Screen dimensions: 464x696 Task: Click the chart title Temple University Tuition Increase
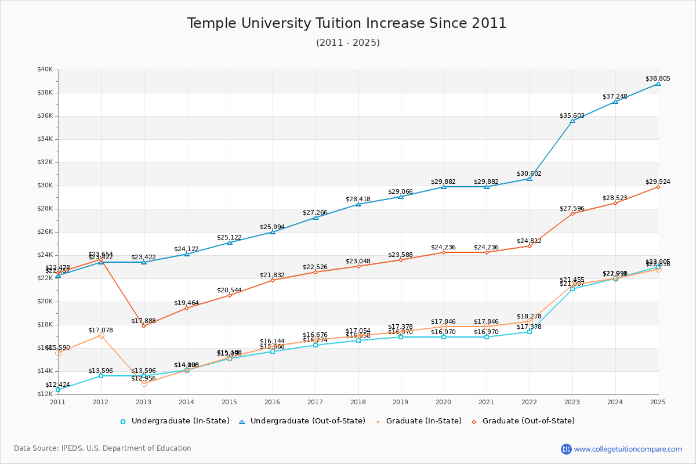tap(347, 23)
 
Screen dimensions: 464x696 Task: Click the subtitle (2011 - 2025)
tap(347, 43)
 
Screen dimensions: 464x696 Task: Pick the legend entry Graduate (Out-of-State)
tap(528, 421)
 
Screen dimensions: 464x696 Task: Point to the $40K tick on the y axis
tap(45, 70)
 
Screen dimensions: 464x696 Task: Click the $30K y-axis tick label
tap(45, 186)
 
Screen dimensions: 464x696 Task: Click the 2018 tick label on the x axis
tap(358, 401)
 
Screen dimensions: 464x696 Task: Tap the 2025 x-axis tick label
tap(658, 401)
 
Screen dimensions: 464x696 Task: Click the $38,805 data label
tap(658, 78)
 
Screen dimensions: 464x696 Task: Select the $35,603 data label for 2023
tap(572, 115)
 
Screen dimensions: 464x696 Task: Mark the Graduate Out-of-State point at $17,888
tap(144, 326)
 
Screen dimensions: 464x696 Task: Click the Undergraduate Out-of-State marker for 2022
tap(530, 179)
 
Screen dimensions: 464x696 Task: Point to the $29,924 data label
tap(658, 182)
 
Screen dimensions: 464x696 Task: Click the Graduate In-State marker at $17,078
tap(101, 335)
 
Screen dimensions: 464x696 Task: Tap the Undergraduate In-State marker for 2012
tap(101, 376)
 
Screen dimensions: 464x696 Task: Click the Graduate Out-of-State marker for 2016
tap(273, 280)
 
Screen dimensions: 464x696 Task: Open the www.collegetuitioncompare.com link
tap(628, 449)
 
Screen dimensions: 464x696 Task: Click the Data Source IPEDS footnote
tap(103, 448)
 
